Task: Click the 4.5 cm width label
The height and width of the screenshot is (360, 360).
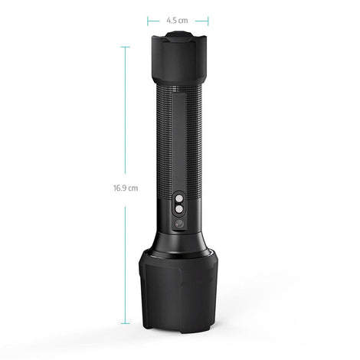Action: click(177, 21)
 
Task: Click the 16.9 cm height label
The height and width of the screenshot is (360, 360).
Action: click(126, 188)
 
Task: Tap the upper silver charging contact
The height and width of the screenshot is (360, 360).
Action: click(179, 198)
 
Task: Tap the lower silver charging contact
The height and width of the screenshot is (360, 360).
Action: click(179, 210)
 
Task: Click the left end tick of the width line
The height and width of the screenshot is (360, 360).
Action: click(148, 21)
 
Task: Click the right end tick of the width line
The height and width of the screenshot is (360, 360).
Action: click(208, 21)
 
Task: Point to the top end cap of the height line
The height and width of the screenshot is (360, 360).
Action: click(125, 47)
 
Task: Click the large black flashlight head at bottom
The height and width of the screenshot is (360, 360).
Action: click(178, 290)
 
